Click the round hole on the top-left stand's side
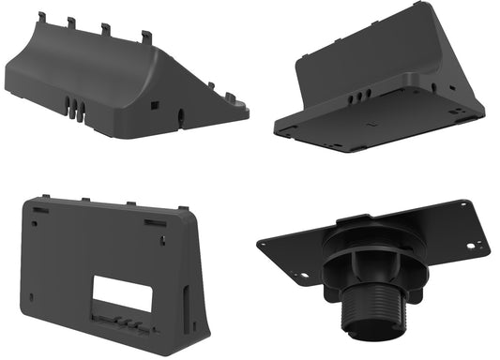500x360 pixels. pyautogui.click(x=180, y=115)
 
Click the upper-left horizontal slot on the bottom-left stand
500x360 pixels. pyautogui.click(x=39, y=211)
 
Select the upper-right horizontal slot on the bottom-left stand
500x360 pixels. pyautogui.click(x=155, y=222)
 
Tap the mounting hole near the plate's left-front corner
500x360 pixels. pyautogui.click(x=302, y=276)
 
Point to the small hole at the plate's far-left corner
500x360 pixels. pyautogui.click(x=266, y=243)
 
